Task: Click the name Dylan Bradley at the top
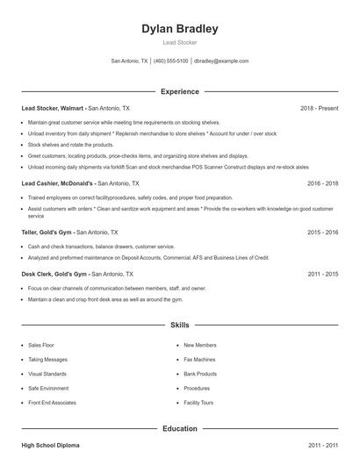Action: tap(180, 29)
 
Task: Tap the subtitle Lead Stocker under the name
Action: tap(180, 42)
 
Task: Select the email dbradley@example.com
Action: tap(221, 61)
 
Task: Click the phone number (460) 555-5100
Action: tap(171, 61)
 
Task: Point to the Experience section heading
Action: tap(180, 91)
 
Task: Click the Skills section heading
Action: tap(180, 325)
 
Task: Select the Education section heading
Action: tap(180, 428)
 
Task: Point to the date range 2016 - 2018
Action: tap(322, 183)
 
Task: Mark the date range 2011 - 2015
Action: tap(322, 274)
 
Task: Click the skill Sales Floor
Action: tap(41, 345)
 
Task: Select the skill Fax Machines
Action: tap(200, 359)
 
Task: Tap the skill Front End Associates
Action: tap(52, 402)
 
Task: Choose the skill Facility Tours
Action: tap(199, 402)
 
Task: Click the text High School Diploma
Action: tap(50, 447)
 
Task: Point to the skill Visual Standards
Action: tap(47, 373)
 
